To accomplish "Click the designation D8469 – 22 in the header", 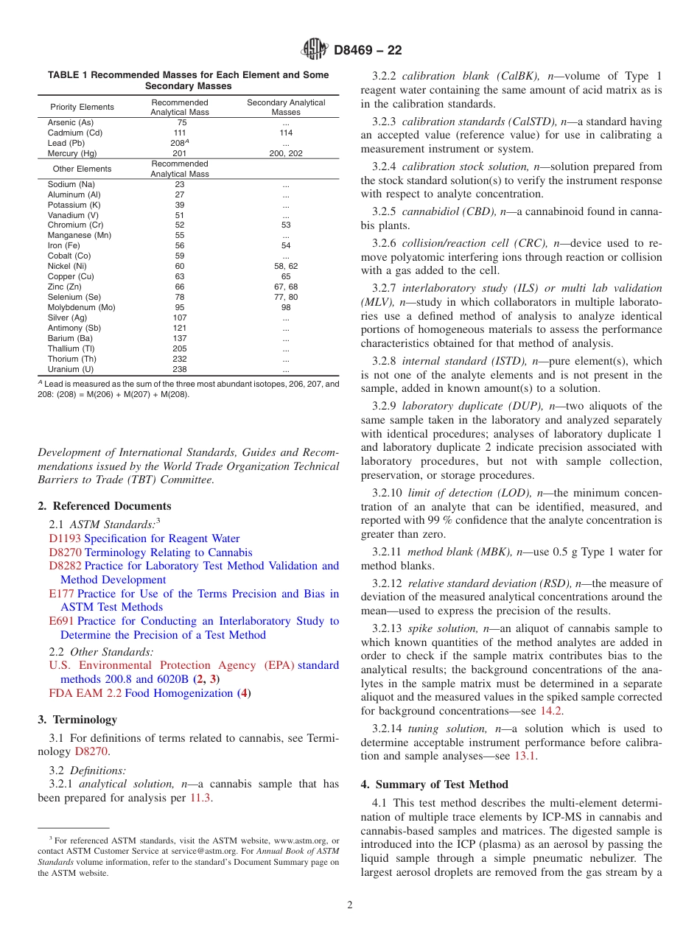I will [368, 51].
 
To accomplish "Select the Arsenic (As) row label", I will [71, 122].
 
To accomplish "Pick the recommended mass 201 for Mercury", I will [180, 153].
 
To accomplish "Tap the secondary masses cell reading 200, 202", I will [286, 153].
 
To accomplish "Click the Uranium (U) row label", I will [71, 369].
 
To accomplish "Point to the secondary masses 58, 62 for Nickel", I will [286, 266].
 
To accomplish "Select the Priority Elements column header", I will [82, 108].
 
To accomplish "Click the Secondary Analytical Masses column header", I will [286, 108].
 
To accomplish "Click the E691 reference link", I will [61, 621].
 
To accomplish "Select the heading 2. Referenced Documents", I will [104, 506].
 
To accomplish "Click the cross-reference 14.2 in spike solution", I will [551, 711].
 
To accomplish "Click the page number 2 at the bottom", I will [349, 905].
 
